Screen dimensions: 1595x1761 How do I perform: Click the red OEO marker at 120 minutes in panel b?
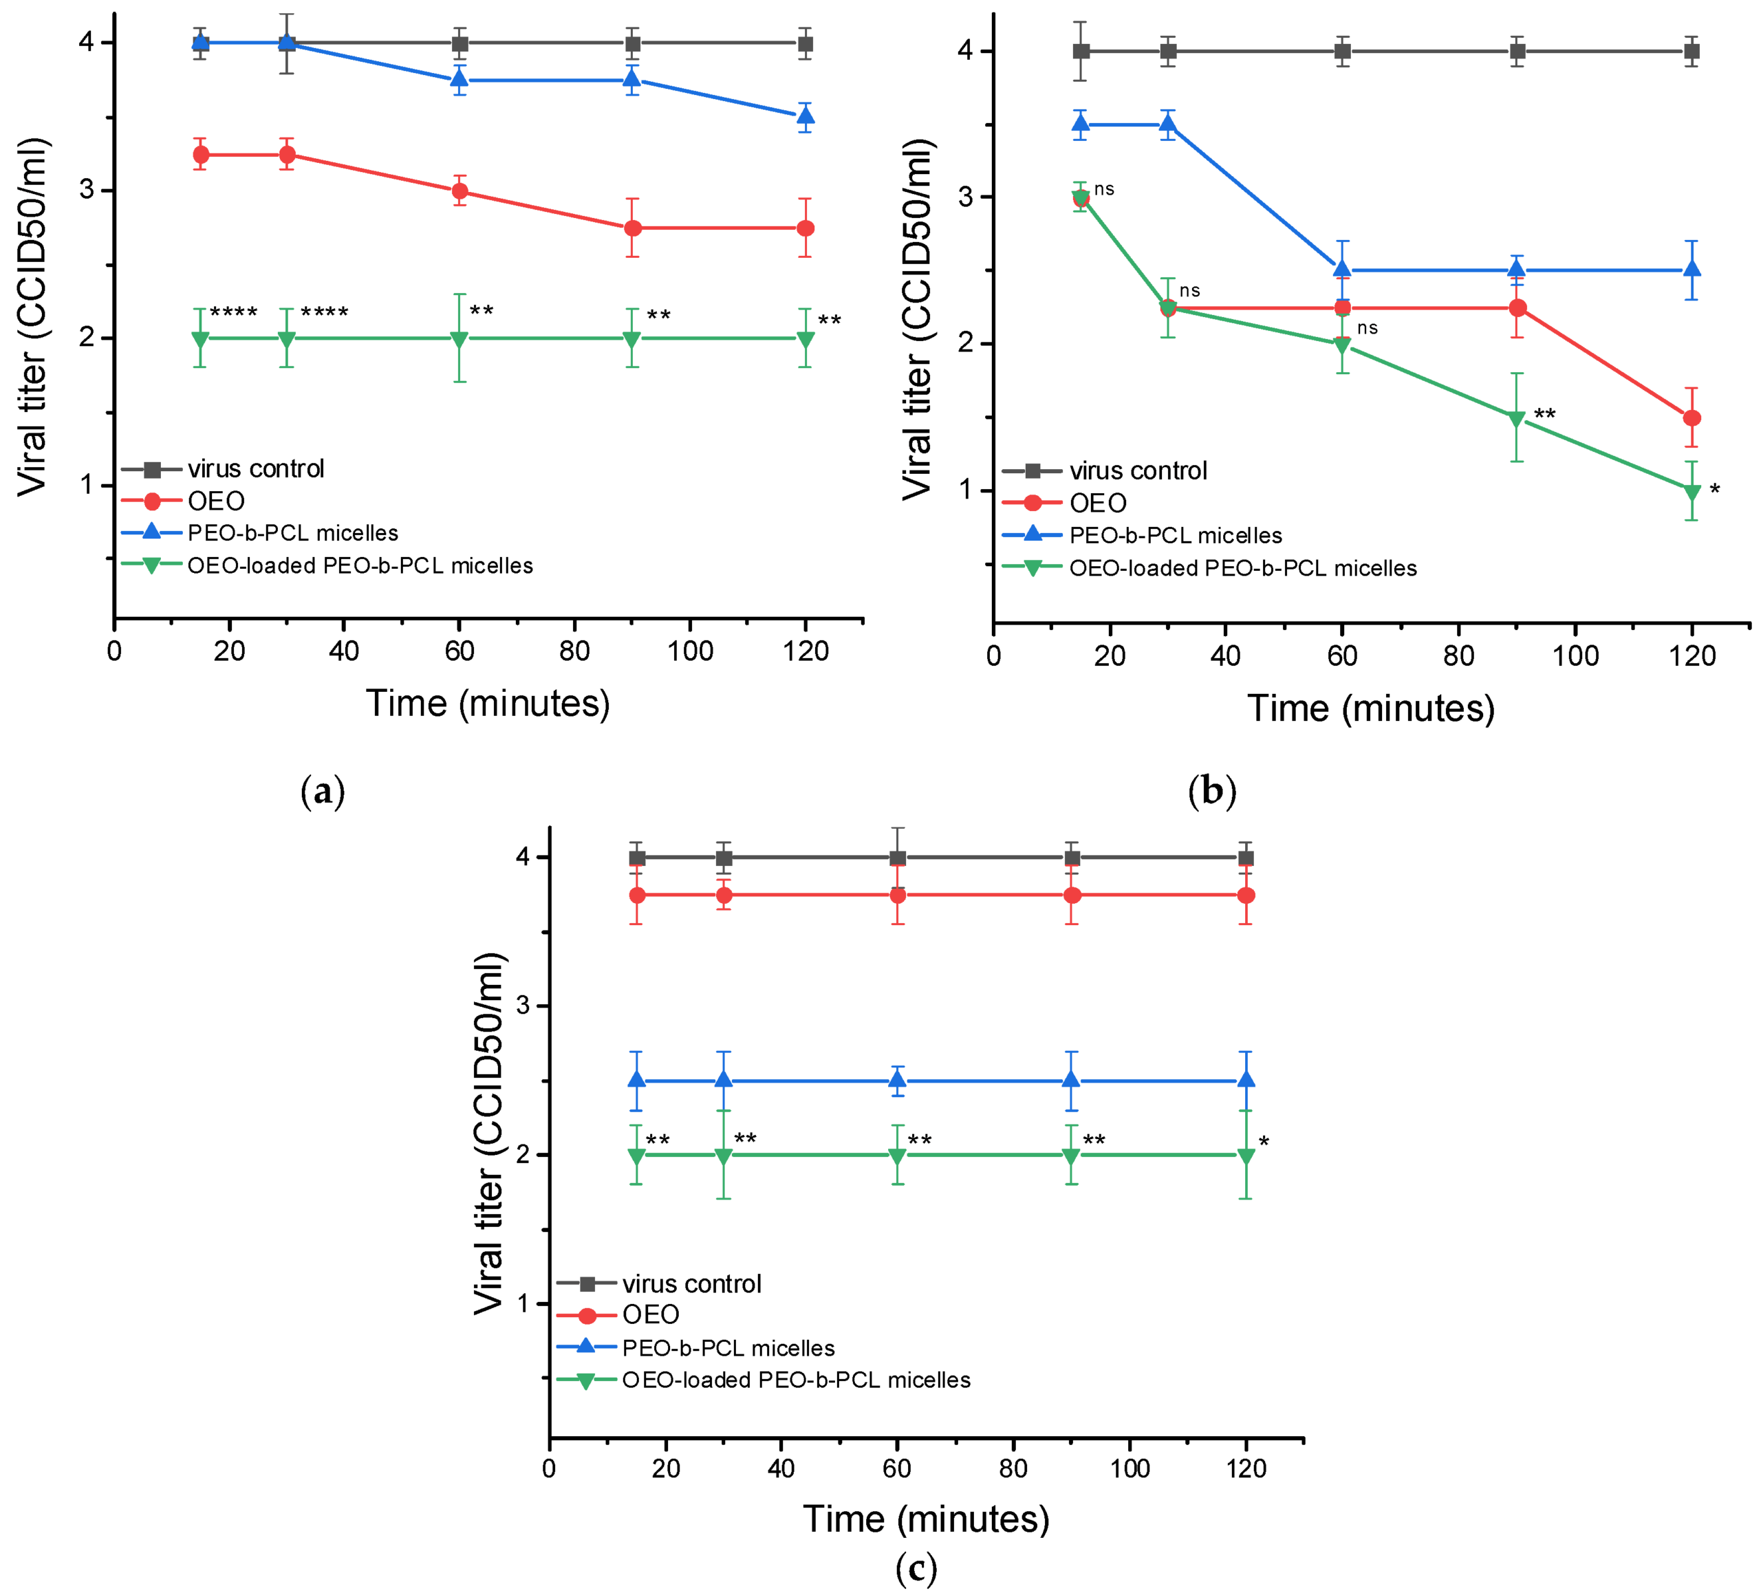click(1692, 417)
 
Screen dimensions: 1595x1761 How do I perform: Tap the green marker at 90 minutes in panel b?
click(1517, 418)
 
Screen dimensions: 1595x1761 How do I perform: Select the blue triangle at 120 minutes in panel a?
click(806, 116)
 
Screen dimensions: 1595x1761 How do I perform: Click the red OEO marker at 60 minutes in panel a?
click(460, 191)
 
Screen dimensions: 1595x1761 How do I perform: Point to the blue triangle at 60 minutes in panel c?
click(897, 1081)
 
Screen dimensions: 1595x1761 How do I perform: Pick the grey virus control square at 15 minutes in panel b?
click(1081, 51)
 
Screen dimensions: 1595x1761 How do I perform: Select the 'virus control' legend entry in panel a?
click(255, 469)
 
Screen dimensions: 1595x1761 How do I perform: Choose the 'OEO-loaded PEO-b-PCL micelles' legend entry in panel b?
click(1242, 569)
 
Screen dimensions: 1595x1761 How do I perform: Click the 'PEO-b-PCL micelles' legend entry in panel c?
click(728, 1348)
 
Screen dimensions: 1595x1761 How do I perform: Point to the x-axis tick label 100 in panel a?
click(690, 651)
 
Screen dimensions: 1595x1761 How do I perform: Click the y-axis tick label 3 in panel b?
click(965, 197)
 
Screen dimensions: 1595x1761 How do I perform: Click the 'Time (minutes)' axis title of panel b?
click(1370, 708)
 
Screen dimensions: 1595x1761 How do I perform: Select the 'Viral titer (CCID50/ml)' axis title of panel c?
click(489, 1133)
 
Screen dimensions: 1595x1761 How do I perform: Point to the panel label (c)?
click(916, 1568)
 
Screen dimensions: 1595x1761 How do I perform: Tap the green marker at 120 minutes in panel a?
click(806, 339)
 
